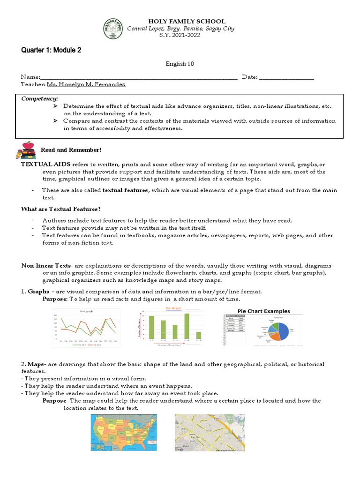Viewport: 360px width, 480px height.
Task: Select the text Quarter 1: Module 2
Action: (51, 50)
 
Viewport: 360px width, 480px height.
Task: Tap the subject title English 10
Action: (180, 64)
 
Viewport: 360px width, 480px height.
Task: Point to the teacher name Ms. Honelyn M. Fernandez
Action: (86, 84)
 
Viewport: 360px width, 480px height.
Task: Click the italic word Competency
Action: (39, 99)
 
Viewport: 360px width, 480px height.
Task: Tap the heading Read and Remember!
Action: (71, 150)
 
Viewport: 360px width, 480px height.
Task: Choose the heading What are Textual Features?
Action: (61, 209)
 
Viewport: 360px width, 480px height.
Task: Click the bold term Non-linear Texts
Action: (46, 266)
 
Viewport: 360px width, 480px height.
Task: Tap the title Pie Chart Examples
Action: (264, 311)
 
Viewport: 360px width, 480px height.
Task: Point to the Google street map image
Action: (210, 432)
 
